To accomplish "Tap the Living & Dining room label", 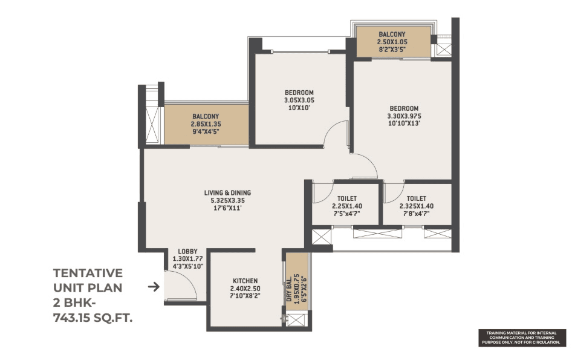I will tap(227, 192).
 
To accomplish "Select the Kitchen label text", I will tap(245, 281).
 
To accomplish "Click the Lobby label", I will tap(187, 251).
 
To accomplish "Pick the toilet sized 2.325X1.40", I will tap(416, 206).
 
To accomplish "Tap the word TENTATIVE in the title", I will tap(88, 273).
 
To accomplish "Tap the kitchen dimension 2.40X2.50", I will tap(245, 289).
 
